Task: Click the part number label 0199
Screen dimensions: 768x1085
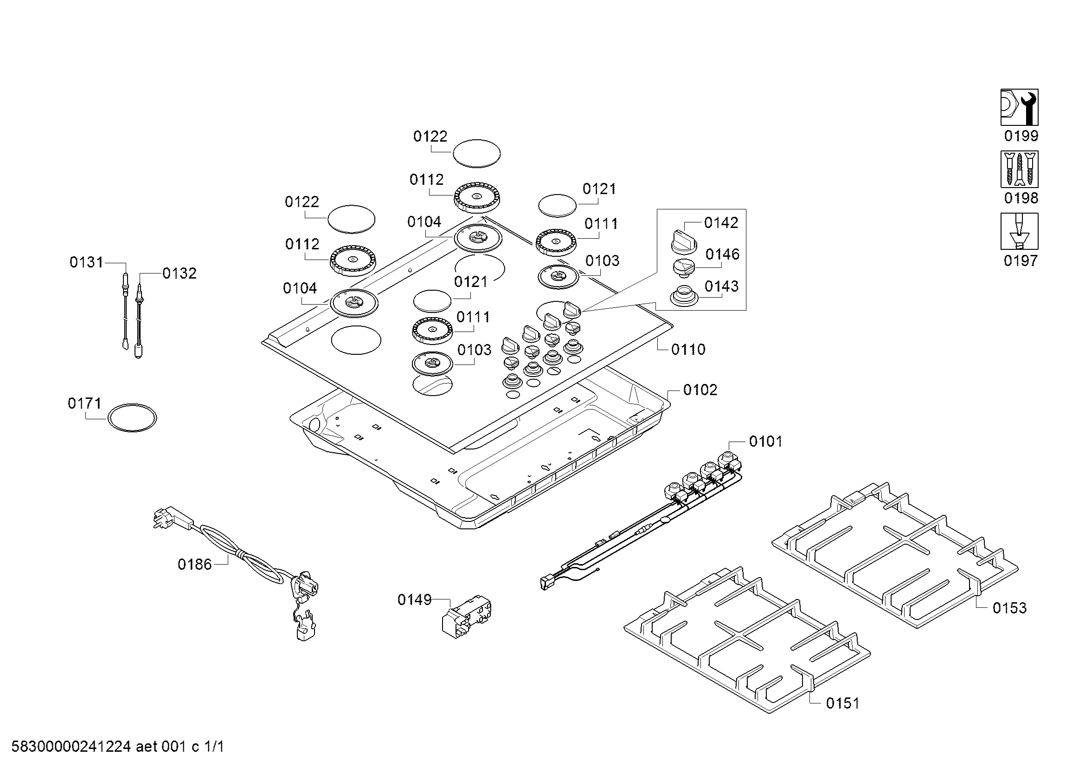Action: click(1021, 136)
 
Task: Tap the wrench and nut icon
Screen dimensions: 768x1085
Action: click(1019, 107)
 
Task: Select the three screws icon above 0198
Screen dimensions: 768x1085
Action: click(1019, 169)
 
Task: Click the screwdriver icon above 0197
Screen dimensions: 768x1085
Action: click(1019, 231)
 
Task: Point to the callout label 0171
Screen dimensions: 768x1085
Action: click(84, 404)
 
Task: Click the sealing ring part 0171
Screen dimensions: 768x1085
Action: click(132, 417)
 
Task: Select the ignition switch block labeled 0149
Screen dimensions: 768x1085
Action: click(466, 617)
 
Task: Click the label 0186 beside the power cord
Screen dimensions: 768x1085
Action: click(195, 564)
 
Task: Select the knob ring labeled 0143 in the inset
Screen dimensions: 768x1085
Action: click(683, 296)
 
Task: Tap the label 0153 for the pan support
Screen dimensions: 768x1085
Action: click(1009, 608)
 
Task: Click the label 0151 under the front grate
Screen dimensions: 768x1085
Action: click(842, 703)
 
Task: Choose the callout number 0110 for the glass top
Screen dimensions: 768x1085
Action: click(688, 350)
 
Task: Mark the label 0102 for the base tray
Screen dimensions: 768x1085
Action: click(700, 390)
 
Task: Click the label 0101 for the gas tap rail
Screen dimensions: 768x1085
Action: click(765, 442)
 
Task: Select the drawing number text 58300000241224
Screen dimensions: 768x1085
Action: click(71, 747)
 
